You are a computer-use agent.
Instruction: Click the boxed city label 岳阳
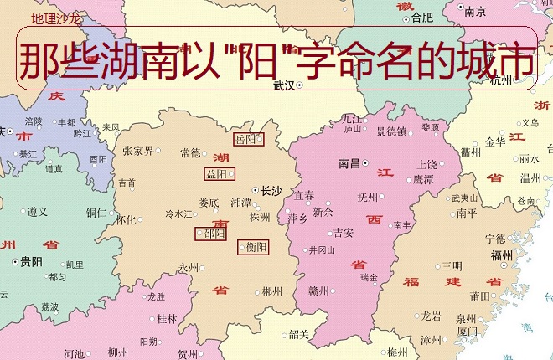pos(248,139)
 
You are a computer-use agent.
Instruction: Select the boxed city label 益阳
pos(217,174)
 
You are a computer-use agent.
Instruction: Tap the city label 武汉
pos(285,85)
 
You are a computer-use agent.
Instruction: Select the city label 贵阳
pos(32,261)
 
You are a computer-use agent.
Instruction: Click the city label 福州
pos(503,256)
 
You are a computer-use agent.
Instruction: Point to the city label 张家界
pos(137,152)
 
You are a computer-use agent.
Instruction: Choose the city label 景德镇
pos(390,131)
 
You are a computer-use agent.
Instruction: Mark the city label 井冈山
pos(323,249)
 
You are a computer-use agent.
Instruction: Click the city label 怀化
pos(126,220)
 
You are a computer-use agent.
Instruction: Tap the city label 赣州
pos(318,291)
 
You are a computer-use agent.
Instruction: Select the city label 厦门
pos(468,331)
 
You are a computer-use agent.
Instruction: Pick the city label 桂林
pos(168,319)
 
